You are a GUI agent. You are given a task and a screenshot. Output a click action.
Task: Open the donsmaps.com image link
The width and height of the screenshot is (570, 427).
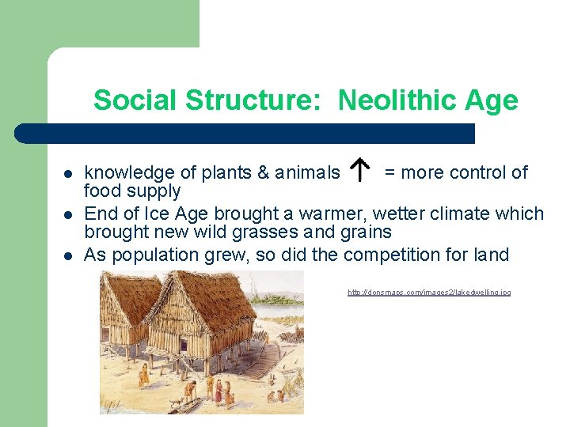(429, 293)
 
